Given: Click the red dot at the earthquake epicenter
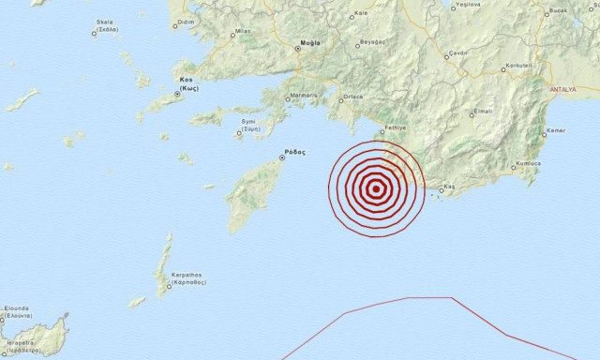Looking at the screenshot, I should pos(376,188).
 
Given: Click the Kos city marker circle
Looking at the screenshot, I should pos(178,94).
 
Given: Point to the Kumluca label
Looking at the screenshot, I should pos(528,164).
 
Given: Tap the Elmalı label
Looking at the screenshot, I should pos(483,111).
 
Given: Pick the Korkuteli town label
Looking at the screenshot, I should pos(518,66).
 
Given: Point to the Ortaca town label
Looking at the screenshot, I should pos(353,96).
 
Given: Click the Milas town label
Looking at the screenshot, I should pos(243,31).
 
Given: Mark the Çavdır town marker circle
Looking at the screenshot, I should pos(449,54).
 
